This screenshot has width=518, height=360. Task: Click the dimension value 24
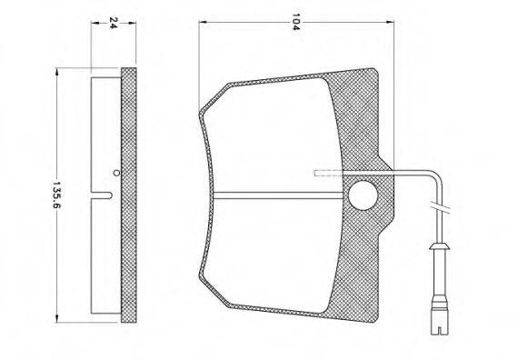point(114,23)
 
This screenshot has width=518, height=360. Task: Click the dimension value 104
point(295,22)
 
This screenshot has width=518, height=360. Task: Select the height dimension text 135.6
point(57,195)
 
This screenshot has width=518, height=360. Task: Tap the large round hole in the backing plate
point(363,195)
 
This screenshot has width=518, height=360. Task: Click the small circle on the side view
point(115,172)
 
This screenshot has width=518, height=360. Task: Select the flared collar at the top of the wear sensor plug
point(439,246)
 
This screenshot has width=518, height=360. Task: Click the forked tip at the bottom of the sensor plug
point(439,329)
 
